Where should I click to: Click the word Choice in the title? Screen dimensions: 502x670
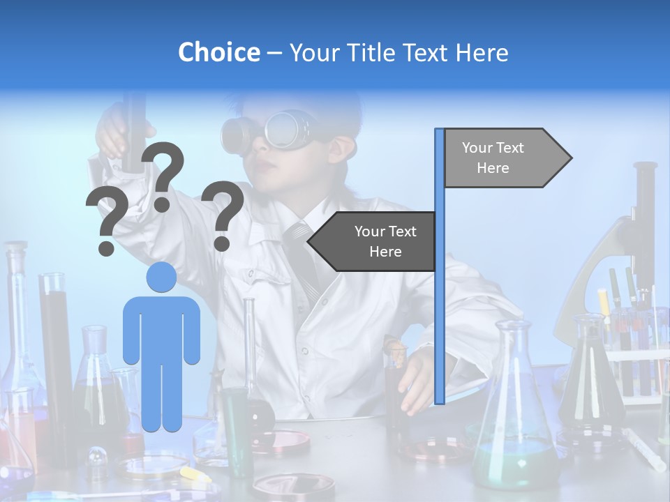click(218, 52)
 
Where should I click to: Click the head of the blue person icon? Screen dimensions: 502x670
click(161, 277)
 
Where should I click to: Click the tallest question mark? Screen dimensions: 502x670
click(164, 176)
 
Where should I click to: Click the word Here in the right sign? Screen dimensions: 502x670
click(493, 168)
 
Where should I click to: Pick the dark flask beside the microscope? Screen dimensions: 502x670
click(590, 376)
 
